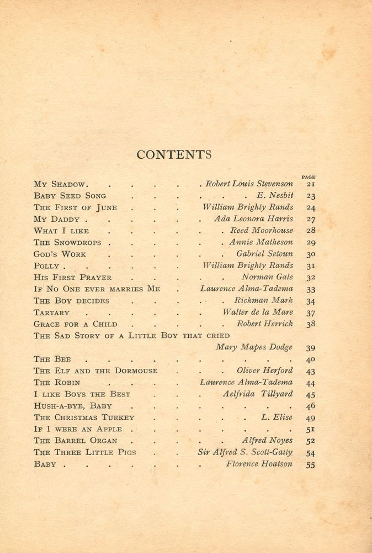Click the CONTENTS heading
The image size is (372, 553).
174,155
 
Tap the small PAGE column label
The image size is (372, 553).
309,177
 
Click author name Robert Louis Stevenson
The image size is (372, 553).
249,184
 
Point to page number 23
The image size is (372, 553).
311,196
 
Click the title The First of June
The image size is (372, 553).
75,207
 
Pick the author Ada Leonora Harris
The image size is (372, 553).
253,218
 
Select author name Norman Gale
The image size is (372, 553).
267,277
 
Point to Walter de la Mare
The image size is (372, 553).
258,312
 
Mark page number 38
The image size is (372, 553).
311,324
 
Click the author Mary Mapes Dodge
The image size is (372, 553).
254,347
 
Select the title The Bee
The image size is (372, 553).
52,359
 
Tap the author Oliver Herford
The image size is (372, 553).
265,371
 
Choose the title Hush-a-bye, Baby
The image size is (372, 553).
73,406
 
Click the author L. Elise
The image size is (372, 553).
277,417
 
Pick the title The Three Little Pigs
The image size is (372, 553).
84,452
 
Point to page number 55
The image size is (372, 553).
311,465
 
